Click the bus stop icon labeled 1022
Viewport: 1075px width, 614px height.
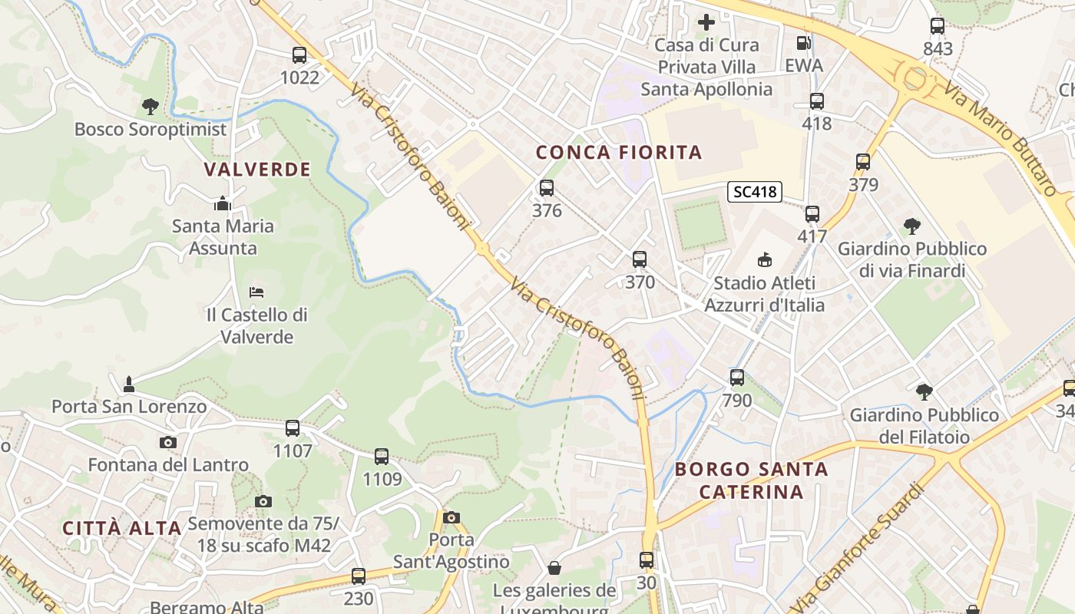[x=299, y=55]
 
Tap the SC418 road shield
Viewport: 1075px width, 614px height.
[x=755, y=192]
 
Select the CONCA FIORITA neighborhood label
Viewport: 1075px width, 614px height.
[x=619, y=152]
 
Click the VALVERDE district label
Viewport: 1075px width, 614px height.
[x=258, y=169]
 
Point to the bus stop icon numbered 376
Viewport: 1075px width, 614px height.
[x=547, y=188]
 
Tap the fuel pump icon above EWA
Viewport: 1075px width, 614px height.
[x=803, y=44]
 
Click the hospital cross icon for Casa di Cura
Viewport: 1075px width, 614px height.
[x=706, y=22]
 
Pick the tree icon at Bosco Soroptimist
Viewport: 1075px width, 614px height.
[x=150, y=106]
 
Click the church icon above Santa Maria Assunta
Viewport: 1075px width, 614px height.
[x=223, y=204]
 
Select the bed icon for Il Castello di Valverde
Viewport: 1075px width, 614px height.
[x=256, y=292]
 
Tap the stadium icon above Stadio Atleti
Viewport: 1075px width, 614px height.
[x=764, y=260]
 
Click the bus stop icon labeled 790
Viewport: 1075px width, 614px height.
[x=737, y=378]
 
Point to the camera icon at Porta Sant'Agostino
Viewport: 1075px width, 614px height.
[x=451, y=517]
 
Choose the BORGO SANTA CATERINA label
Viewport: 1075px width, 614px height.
[x=752, y=480]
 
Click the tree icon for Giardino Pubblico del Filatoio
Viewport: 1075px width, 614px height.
[x=924, y=392]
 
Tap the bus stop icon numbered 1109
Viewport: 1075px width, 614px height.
[x=382, y=457]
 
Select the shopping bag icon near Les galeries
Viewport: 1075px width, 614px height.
[x=554, y=568]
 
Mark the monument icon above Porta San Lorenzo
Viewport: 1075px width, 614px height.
[x=129, y=383]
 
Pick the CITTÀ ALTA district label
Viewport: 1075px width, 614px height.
[x=121, y=528]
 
